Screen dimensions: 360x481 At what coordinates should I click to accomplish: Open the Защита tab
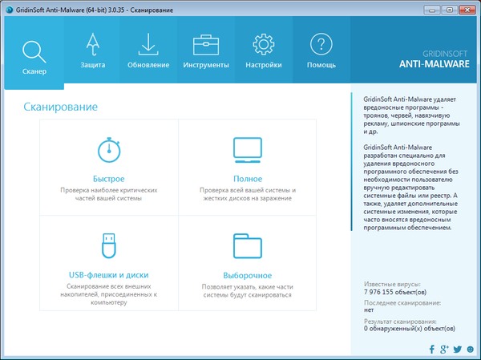[x=93, y=51]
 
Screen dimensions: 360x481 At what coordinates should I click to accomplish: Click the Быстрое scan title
[x=109, y=178]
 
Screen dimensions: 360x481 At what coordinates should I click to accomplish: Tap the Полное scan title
[x=248, y=178]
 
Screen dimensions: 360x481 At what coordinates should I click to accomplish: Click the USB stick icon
[x=109, y=244]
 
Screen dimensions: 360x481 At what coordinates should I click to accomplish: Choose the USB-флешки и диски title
[x=109, y=274]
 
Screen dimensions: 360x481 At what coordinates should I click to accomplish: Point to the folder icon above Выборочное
[x=248, y=244]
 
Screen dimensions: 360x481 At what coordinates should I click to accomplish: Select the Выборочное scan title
[x=248, y=274]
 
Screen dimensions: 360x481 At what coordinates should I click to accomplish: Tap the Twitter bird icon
[x=457, y=350]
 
